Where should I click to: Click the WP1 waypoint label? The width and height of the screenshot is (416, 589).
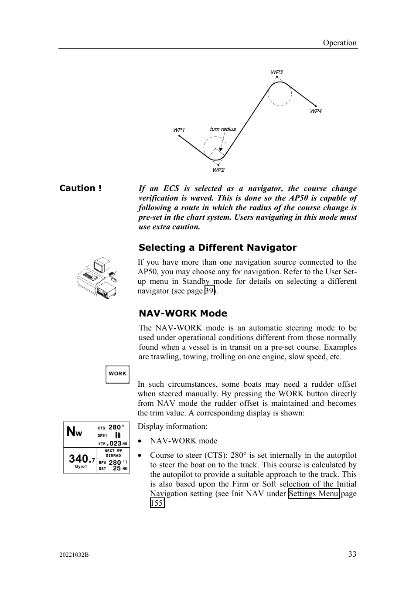click(x=179, y=130)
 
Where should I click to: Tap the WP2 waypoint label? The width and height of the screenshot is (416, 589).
click(x=218, y=170)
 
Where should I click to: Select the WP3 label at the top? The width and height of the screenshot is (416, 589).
click(x=276, y=72)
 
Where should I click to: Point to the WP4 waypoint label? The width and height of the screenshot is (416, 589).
click(x=316, y=111)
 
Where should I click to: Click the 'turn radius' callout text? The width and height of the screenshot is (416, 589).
click(x=222, y=129)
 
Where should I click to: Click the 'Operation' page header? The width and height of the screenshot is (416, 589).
click(x=339, y=43)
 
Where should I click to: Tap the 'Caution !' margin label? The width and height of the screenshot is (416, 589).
click(x=80, y=188)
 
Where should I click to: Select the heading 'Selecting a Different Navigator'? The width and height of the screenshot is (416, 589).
click(x=217, y=248)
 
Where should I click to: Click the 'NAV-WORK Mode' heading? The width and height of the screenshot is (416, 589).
click(x=183, y=313)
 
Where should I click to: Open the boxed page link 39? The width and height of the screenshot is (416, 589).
click(x=210, y=291)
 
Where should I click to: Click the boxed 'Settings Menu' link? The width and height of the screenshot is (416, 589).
click(x=314, y=494)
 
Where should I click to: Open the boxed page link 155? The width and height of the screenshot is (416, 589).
click(x=157, y=503)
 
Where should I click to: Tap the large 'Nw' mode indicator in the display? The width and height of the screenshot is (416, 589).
click(x=75, y=432)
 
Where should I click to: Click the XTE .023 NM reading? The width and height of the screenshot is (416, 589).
click(x=113, y=443)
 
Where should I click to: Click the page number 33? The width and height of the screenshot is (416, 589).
click(x=352, y=554)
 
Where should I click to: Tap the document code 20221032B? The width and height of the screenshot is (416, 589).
click(x=74, y=555)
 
